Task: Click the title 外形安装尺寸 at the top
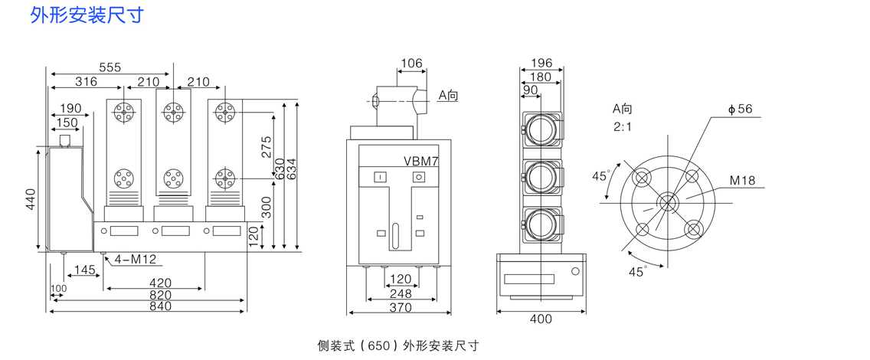86,15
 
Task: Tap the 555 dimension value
110,67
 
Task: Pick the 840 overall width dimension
160,306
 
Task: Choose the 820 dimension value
160,295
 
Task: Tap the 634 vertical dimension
292,169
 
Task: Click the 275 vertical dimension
267,146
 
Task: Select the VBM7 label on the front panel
421,161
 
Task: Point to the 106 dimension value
411,63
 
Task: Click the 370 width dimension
401,308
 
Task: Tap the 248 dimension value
401,293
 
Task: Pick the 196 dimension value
541,63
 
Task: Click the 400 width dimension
541,318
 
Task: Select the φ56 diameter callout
741,109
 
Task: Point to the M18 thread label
741,181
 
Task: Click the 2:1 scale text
622,126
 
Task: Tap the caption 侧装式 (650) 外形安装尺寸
397,345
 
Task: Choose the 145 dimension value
84,270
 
